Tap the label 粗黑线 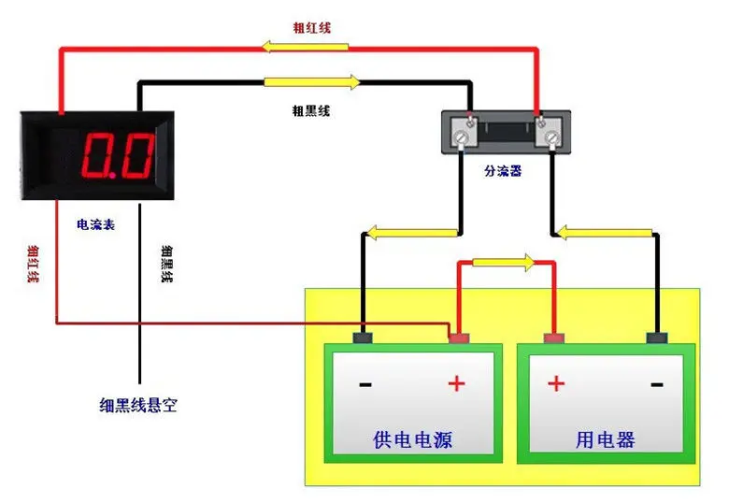tap(311, 110)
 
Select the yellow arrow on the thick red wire tap(293, 46)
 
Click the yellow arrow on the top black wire tap(311, 82)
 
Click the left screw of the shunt tap(462, 137)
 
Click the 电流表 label tap(96, 225)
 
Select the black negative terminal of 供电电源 tap(363, 338)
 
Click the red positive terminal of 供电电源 tap(458, 338)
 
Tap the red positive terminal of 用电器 tap(554, 338)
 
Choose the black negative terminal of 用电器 tap(658, 338)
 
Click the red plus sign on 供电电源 tap(457, 383)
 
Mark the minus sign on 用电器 tap(657, 383)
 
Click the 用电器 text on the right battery tap(606, 438)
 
